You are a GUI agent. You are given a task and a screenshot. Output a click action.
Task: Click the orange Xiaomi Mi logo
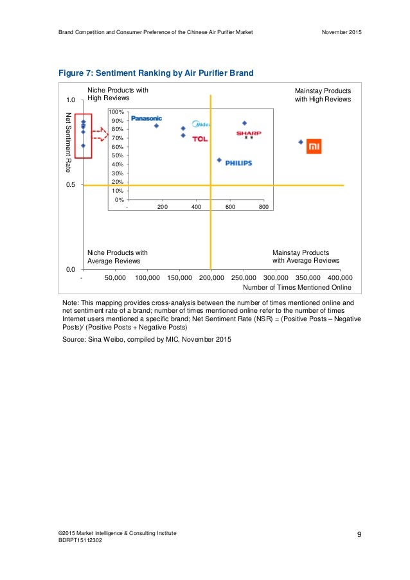(314, 146)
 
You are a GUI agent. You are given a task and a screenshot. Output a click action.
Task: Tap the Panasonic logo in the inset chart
(147, 118)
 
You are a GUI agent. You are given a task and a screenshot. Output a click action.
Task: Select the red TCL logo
(200, 139)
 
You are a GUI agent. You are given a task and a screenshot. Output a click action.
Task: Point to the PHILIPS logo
(238, 163)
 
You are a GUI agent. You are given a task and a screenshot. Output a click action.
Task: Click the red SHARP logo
(248, 134)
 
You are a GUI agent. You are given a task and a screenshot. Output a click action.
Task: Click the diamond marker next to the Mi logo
(301, 142)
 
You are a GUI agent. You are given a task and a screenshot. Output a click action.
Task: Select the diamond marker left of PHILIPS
(219, 160)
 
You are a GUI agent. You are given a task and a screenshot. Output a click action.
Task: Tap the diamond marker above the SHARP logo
(244, 123)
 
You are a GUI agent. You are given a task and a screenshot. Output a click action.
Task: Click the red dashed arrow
(100, 134)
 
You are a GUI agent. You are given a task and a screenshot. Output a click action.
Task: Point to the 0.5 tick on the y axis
(71, 185)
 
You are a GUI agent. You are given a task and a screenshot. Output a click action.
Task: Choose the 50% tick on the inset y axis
(118, 155)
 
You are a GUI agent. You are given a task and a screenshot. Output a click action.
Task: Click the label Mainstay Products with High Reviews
(323, 95)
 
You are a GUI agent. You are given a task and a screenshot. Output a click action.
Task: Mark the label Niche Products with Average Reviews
(117, 257)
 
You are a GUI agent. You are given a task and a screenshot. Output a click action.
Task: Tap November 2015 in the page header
(341, 32)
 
